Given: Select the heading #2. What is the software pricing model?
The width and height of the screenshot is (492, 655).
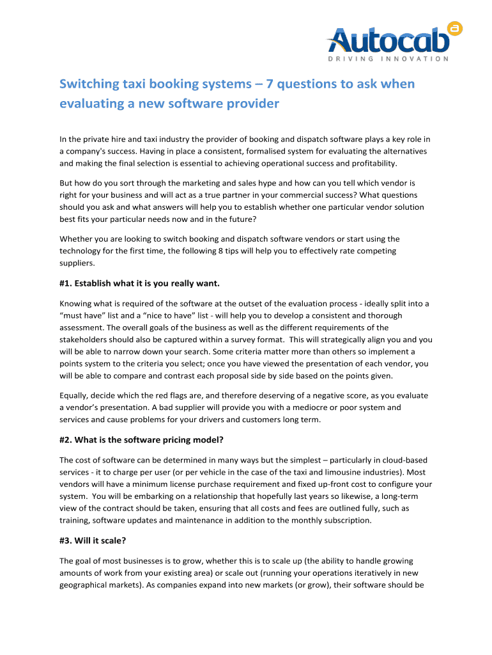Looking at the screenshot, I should click(x=141, y=440).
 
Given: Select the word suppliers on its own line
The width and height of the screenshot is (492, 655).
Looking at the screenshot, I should click(x=76, y=263).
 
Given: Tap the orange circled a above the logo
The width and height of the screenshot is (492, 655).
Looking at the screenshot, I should click(x=455, y=27).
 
